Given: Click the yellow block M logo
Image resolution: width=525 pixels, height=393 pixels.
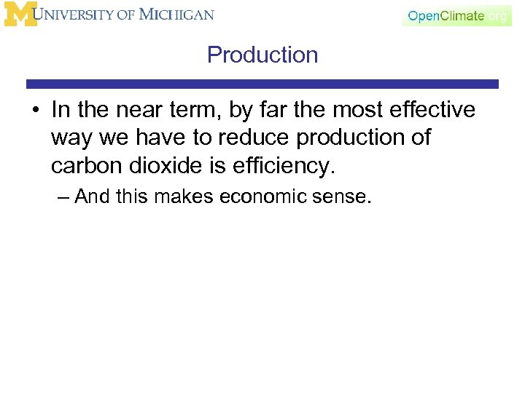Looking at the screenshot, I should click(20, 15).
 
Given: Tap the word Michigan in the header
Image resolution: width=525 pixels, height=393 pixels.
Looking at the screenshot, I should click(178, 15).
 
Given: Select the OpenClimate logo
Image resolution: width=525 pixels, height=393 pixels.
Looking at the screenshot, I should click(456, 15).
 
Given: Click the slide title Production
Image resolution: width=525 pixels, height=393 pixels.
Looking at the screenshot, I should click(262, 55).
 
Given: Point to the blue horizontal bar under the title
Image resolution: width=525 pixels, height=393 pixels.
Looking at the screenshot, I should click(262, 84).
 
